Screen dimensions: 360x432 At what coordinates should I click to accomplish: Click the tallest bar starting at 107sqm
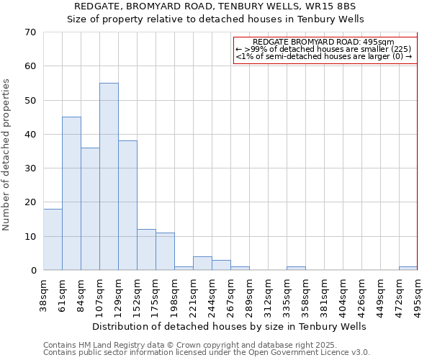tap(109, 176)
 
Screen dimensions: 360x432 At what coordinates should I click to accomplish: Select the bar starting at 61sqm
tap(71, 193)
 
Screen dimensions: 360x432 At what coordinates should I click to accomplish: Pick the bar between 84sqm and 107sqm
tap(90, 209)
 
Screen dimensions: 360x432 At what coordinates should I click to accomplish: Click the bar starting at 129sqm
tap(127, 205)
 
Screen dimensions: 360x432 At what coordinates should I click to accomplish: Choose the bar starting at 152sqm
tap(146, 250)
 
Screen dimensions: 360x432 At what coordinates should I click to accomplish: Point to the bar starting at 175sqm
tap(165, 251)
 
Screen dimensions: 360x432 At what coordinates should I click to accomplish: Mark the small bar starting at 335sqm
tap(296, 268)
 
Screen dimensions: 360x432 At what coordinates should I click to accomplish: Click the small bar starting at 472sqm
tap(408, 268)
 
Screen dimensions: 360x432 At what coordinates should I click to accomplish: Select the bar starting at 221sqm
tap(202, 264)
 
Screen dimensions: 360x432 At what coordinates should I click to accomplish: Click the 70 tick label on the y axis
tap(30, 32)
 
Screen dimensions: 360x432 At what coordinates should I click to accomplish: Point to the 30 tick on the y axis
tap(30, 168)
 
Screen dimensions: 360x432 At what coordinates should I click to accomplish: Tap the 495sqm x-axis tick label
tap(418, 295)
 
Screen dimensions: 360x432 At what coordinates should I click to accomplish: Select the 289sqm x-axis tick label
tap(249, 295)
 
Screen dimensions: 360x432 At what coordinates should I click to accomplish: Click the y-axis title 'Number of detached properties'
tap(6, 155)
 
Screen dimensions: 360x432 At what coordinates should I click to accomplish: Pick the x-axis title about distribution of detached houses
tap(230, 326)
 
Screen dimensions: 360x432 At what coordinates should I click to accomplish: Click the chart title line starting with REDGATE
tap(216, 6)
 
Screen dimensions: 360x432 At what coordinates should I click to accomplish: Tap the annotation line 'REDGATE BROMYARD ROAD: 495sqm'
tap(324, 42)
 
